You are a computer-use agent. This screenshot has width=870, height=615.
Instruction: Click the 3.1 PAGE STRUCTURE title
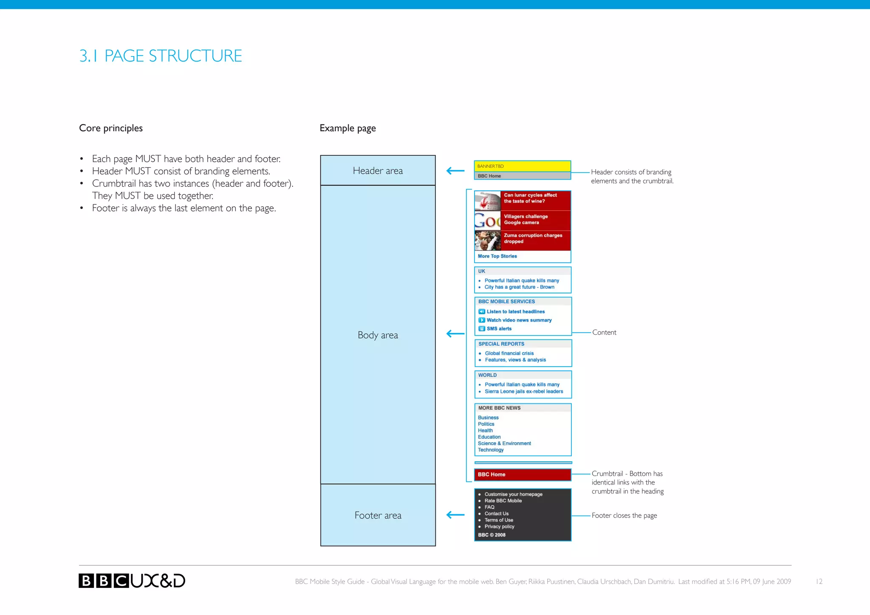161,56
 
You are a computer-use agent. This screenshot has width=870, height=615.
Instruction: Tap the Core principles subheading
111,128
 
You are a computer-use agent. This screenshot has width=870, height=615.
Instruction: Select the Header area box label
378,171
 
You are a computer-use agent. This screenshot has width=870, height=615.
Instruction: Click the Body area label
378,335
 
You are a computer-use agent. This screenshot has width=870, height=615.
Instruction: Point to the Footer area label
378,516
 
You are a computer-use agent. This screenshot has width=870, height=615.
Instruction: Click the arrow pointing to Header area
455,171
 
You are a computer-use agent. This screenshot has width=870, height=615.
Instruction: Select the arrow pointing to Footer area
455,515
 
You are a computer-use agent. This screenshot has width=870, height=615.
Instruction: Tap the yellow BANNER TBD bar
522,166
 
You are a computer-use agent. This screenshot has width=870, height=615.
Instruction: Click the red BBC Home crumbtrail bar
522,474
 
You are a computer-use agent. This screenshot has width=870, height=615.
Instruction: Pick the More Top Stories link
497,256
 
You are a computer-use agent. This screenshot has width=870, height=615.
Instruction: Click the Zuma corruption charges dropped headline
533,238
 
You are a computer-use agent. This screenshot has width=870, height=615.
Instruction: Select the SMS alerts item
499,329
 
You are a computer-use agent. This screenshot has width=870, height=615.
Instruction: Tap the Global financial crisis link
509,353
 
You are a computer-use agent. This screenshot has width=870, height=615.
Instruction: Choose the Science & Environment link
504,443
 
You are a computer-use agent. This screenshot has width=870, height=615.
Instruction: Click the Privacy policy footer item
499,527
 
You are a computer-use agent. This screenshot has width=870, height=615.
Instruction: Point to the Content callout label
604,333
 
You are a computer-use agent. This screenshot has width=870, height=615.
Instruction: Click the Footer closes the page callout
624,516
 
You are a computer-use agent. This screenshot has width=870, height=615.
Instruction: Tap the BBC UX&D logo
132,581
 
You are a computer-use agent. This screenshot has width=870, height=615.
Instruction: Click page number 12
819,581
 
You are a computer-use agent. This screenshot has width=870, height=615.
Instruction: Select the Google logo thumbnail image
487,221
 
